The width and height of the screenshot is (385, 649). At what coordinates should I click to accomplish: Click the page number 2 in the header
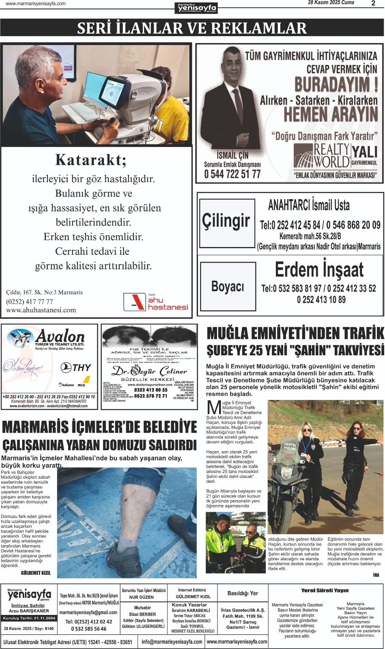click(x=373, y=3)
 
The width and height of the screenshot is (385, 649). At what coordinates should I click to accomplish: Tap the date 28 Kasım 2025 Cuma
click(x=331, y=3)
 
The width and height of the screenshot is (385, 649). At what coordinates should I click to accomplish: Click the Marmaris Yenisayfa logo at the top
click(x=197, y=8)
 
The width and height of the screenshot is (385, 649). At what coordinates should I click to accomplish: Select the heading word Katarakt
click(x=91, y=160)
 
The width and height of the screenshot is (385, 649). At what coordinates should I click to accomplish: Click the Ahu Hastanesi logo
click(x=156, y=302)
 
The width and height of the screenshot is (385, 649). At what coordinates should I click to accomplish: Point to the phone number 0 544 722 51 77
click(x=232, y=174)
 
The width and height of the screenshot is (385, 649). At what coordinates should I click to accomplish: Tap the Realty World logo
click(x=322, y=156)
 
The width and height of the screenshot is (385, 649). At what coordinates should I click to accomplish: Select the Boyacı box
click(x=228, y=286)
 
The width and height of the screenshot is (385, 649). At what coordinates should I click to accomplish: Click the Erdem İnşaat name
click(x=319, y=270)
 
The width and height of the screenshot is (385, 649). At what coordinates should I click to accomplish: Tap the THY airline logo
click(x=76, y=367)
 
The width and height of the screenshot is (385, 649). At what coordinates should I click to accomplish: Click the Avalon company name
click(x=60, y=337)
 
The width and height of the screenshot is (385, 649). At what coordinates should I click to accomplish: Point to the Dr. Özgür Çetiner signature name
click(x=149, y=371)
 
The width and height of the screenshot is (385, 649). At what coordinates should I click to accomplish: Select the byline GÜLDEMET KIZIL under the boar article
click(x=36, y=573)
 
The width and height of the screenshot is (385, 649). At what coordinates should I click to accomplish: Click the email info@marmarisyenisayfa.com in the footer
click(x=172, y=642)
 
